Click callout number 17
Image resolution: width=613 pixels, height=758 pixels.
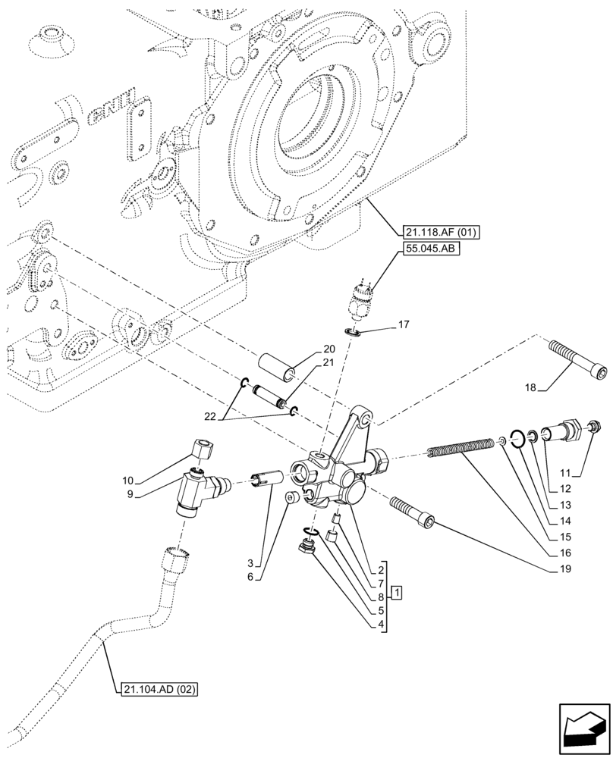tap(403, 326)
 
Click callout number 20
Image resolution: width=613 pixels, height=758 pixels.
tap(328, 349)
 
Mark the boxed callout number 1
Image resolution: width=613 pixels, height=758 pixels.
tap(397, 591)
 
